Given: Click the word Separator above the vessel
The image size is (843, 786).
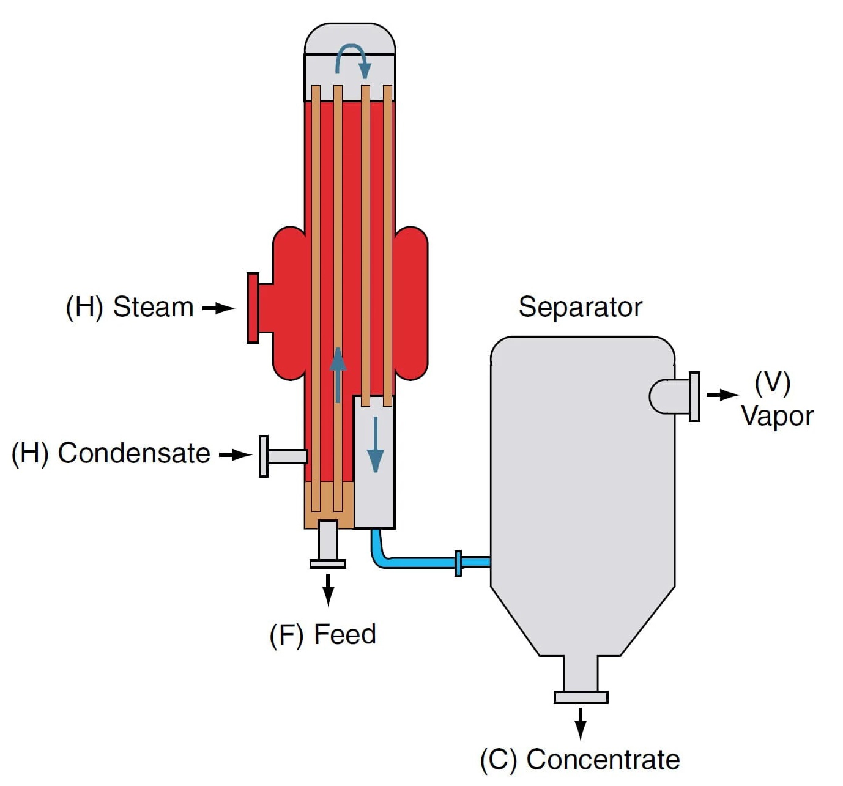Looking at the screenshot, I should [580, 307].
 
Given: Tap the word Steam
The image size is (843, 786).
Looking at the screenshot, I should [153, 307].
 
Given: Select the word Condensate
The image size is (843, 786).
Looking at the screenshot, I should [133, 453].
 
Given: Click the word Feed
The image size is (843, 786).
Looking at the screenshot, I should [344, 634].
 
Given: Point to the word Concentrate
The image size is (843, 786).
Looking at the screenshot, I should [603, 760].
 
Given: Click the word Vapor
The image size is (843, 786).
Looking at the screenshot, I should [777, 416].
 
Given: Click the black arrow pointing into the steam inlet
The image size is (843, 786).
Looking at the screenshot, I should [218, 308].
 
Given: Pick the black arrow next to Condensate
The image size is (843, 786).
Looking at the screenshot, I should [235, 454].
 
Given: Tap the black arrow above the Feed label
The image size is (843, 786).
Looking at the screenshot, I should [329, 589].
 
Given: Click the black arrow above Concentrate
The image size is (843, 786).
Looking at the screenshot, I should [581, 723].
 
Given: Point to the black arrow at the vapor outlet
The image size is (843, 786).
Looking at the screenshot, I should [722, 395].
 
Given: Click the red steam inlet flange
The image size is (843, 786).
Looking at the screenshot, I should [253, 308].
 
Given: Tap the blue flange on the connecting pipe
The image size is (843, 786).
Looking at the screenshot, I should [458, 563].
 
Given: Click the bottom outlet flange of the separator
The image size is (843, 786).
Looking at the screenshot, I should [581, 697].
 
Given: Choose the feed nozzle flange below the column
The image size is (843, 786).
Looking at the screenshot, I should [328, 564].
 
